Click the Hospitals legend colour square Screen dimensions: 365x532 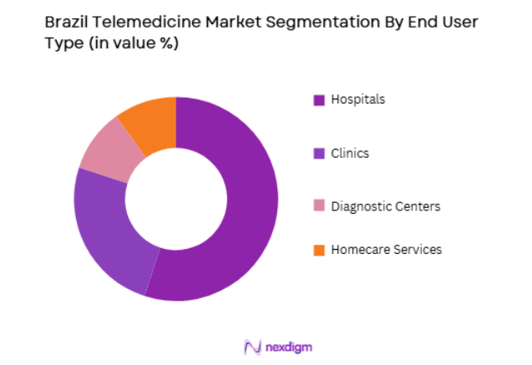click(318, 100)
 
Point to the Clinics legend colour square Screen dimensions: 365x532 click(318, 154)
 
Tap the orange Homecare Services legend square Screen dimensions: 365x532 click(318, 250)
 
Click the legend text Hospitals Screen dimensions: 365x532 click(358, 99)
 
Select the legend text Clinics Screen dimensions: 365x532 click(350, 153)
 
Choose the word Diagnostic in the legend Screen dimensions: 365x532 click(360, 205)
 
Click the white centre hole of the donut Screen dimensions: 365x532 click(176, 199)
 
